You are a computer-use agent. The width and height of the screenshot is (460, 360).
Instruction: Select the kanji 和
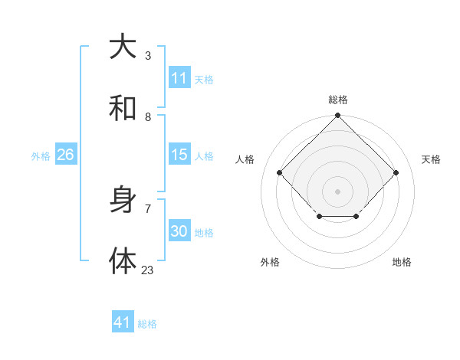click(123, 109)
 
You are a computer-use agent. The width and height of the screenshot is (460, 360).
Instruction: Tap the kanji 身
click(123, 201)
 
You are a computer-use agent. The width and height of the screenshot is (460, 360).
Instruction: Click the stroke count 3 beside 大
click(148, 55)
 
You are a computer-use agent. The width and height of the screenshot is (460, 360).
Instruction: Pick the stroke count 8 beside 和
click(148, 117)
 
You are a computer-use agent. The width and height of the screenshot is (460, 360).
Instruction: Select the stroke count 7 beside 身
click(148, 208)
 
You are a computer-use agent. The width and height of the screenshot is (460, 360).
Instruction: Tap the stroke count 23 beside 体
click(147, 270)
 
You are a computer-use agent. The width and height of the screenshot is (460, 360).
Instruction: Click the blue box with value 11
click(179, 78)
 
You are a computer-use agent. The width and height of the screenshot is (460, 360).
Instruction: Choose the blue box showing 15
click(179, 155)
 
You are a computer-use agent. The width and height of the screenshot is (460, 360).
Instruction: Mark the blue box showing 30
click(179, 231)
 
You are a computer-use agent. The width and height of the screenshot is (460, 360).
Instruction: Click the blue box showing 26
click(65, 155)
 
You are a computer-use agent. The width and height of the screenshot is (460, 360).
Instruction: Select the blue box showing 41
click(123, 322)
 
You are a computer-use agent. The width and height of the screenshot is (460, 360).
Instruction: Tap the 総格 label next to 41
click(147, 324)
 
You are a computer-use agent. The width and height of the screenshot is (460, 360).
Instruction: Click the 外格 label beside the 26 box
click(41, 156)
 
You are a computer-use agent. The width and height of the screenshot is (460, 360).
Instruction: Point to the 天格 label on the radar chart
click(431, 159)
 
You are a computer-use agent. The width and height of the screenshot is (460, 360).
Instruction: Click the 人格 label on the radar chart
click(245, 159)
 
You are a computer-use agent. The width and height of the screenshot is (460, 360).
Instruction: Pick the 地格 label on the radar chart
click(402, 262)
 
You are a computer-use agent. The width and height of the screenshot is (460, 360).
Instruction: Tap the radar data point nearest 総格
click(337, 116)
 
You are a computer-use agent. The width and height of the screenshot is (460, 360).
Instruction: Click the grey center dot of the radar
click(337, 191)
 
